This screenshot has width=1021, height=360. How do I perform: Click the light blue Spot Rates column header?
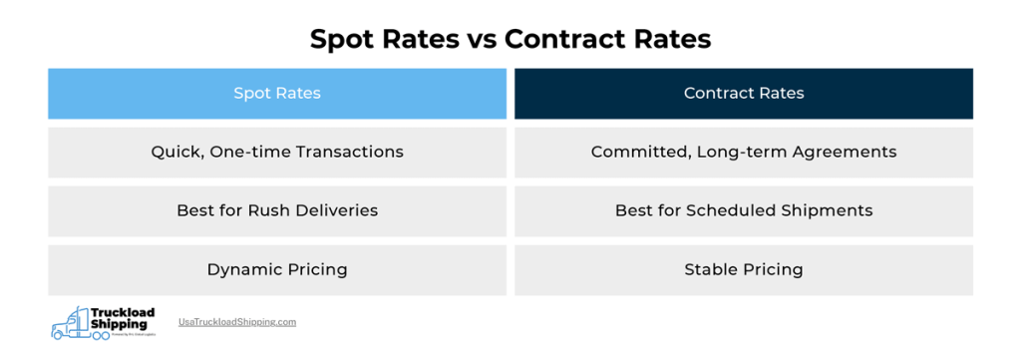[x=277, y=94]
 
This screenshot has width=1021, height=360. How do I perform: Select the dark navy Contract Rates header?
[x=744, y=94]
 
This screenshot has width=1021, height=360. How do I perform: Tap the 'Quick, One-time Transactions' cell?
[x=277, y=153]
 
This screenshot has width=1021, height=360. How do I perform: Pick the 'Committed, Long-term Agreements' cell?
[x=744, y=153]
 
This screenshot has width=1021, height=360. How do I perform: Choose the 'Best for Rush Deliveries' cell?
[x=277, y=210]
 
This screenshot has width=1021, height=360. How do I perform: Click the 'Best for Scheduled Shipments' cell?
[x=744, y=210]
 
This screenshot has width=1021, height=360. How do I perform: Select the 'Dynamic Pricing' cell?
[x=277, y=269]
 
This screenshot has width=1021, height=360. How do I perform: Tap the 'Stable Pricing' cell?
[x=744, y=269]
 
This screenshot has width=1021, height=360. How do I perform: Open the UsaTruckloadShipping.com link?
[x=237, y=322]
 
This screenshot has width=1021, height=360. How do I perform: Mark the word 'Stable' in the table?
[x=709, y=269]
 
